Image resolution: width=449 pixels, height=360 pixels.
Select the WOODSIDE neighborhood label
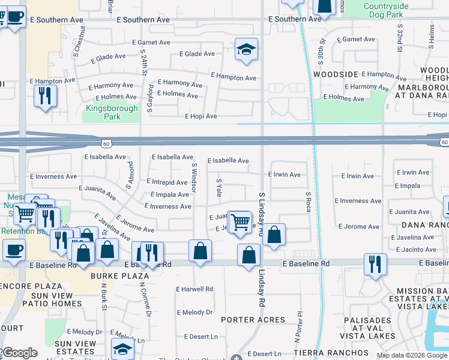click(336, 74)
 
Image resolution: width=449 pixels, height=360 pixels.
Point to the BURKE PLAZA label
click(113, 276)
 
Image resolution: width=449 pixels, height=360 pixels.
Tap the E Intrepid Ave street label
click(167, 182)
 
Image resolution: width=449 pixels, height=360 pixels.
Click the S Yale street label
click(219, 187)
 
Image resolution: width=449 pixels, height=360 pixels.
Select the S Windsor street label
click(194, 177)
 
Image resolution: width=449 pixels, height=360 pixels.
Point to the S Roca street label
click(309, 202)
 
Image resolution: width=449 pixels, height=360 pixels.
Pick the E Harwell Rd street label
click(194, 289)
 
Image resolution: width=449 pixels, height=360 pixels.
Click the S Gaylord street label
click(150, 99)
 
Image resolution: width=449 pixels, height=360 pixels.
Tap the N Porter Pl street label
click(298, 322)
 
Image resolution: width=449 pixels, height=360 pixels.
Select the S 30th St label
click(322, 50)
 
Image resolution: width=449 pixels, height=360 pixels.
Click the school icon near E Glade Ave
click(246, 50)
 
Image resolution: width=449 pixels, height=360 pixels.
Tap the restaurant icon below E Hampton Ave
click(45, 96)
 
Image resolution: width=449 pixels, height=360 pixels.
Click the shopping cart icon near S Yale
click(240, 221)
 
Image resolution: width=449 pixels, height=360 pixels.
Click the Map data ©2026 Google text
click(411, 355)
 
